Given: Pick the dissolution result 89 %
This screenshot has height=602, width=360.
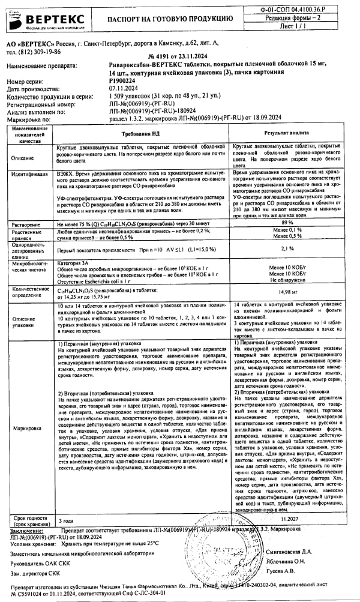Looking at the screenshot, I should pyautogui.click(x=287, y=222).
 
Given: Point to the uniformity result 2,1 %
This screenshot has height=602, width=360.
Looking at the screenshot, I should pyautogui.click(x=287, y=248).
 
